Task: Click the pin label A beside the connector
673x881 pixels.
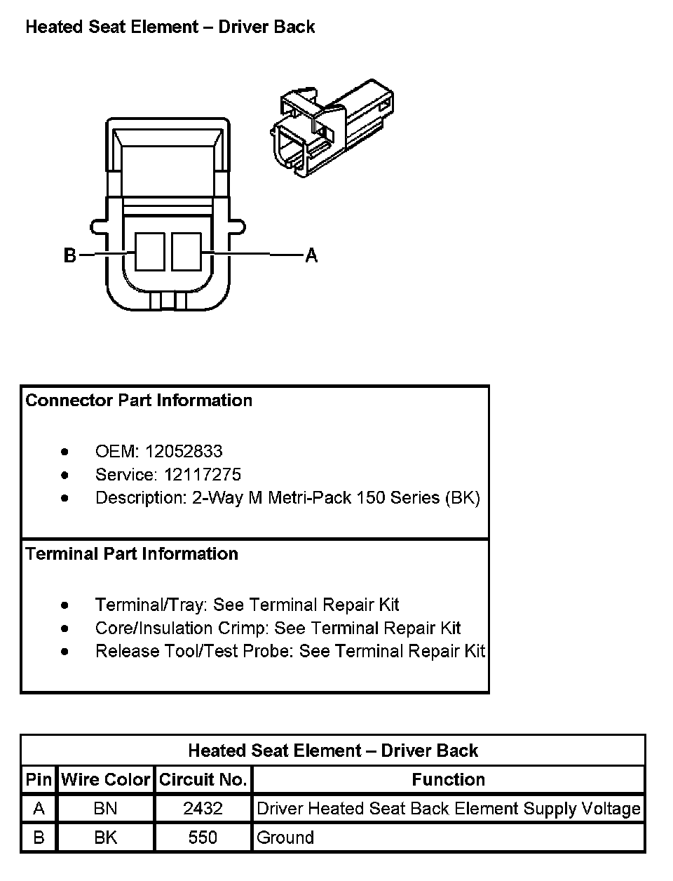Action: tap(311, 255)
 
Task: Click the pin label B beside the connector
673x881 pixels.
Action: tap(69, 255)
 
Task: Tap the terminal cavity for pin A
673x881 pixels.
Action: tap(186, 252)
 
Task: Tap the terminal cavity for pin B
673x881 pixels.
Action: tap(149, 252)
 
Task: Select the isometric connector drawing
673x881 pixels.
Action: tap(331, 128)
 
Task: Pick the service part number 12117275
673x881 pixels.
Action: tap(203, 474)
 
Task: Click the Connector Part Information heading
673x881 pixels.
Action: tap(139, 401)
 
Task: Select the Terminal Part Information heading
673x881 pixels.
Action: tap(132, 553)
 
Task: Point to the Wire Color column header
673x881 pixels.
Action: tap(105, 779)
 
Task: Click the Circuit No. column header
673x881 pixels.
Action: tap(203, 779)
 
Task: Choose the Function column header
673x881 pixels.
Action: tap(448, 779)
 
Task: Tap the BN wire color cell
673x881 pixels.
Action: tap(105, 809)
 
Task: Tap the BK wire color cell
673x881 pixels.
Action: tap(105, 838)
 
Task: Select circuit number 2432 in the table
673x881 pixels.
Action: tap(203, 809)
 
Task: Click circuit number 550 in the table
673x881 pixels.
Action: tap(203, 838)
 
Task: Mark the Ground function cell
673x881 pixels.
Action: tap(285, 838)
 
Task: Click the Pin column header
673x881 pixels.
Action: tap(39, 779)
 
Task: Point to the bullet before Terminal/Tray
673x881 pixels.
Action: tap(65, 605)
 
